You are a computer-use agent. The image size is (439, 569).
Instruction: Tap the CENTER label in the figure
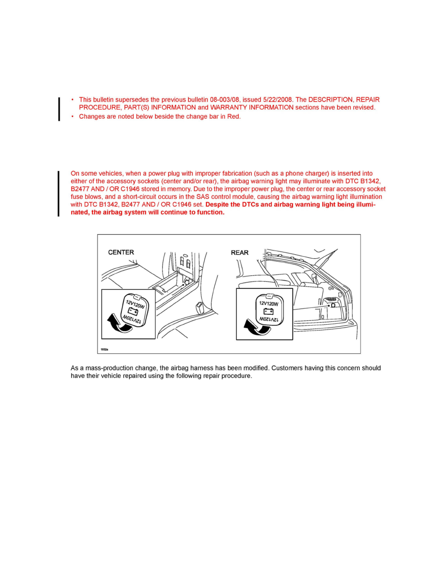tap(121, 252)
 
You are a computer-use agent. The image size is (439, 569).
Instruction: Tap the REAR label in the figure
tap(240, 252)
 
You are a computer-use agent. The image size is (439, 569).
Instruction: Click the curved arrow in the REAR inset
tap(254, 327)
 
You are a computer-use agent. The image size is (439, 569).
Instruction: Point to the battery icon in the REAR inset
tap(268, 311)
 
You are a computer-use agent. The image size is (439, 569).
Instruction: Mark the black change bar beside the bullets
tap(59, 109)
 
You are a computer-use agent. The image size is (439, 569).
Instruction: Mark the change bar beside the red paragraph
tap(59, 193)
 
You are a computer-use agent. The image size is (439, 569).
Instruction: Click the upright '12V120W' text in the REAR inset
tap(268, 303)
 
